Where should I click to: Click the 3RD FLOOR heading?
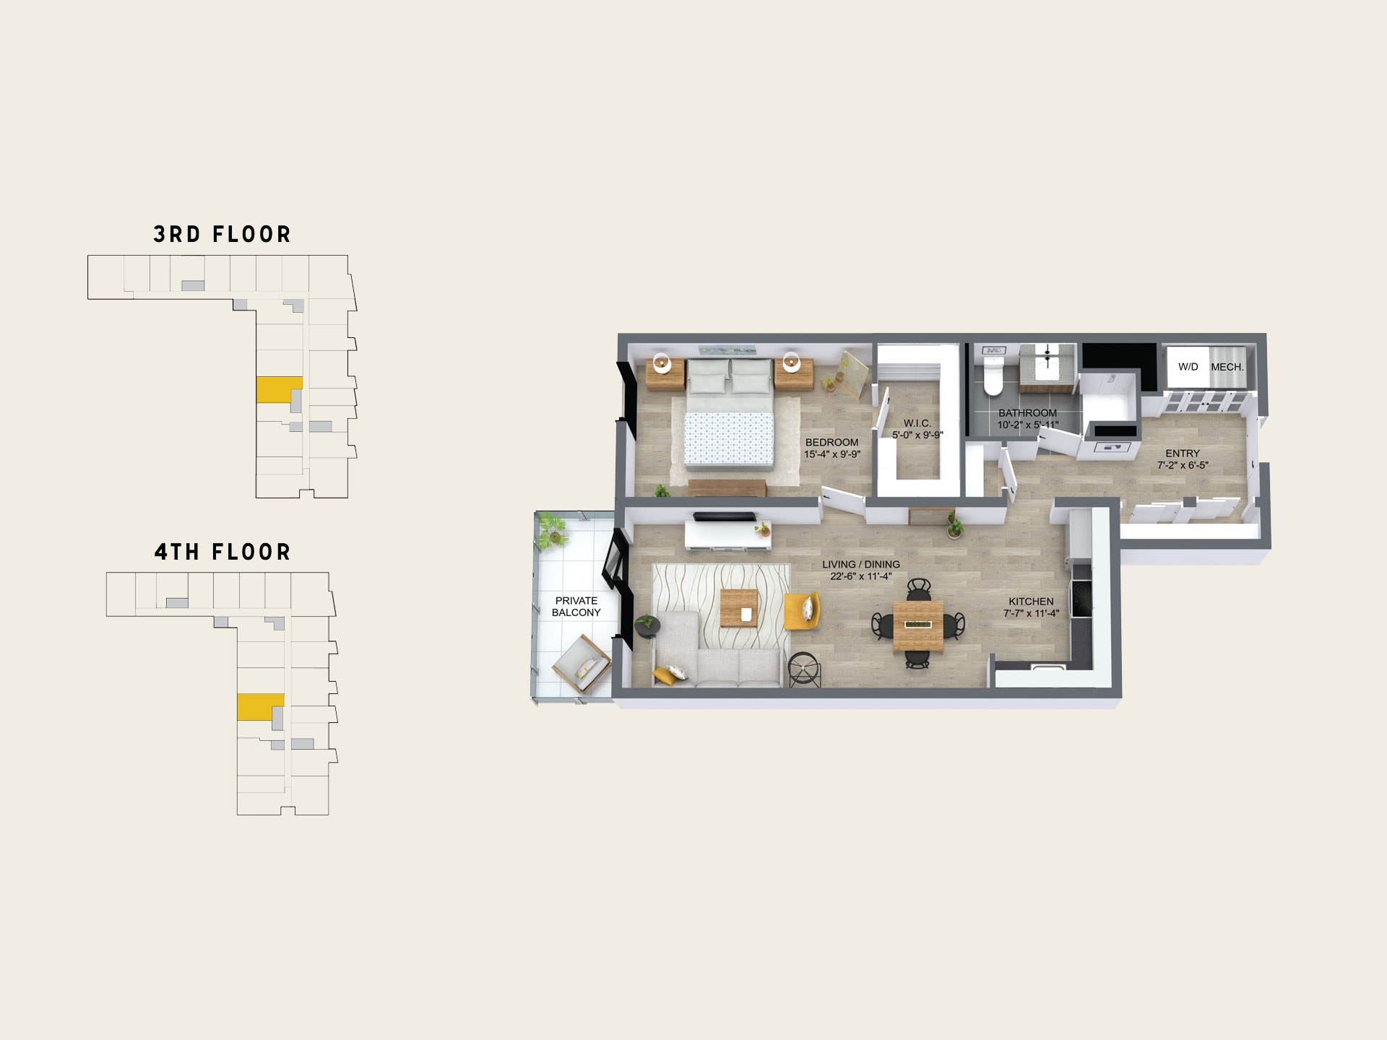coord(222,234)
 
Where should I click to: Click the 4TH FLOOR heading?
coord(222,552)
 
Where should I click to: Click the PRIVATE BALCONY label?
coord(576,607)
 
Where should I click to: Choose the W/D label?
coord(1188,367)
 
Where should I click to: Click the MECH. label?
coord(1227,367)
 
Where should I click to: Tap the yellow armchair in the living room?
coord(802,611)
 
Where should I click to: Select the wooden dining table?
coord(918,624)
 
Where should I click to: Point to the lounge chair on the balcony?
coord(582,663)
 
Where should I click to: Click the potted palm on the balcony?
coord(553,529)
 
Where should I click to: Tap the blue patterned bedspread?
coord(729,438)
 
